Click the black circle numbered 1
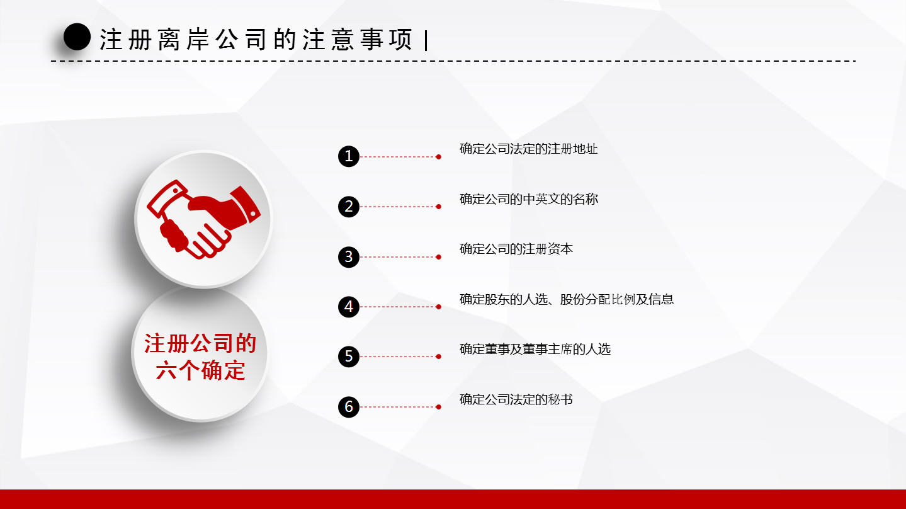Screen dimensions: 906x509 [x=349, y=156]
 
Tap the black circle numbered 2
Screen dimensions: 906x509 [x=349, y=207]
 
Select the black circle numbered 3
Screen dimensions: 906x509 [x=349, y=256]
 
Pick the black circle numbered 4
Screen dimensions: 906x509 [x=349, y=307]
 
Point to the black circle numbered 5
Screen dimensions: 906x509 [x=349, y=357]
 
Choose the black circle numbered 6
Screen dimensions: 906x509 [x=349, y=407]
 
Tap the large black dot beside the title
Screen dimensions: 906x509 [x=77, y=37]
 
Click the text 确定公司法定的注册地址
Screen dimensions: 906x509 [x=528, y=149]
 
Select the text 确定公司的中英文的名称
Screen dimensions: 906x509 [x=529, y=199]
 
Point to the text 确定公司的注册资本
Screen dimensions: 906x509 [x=516, y=249]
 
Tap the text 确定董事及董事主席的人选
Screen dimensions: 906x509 [x=535, y=349]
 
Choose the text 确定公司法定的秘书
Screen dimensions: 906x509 [x=516, y=399]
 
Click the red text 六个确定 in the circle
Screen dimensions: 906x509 [x=201, y=370]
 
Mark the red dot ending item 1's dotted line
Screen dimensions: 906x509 [x=438, y=157]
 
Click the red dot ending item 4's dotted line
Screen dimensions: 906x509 [x=438, y=307]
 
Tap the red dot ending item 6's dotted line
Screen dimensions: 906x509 [x=438, y=407]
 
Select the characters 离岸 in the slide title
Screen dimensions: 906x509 [x=184, y=39]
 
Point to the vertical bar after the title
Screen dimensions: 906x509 [x=426, y=40]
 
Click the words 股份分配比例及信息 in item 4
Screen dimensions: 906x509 [x=617, y=299]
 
